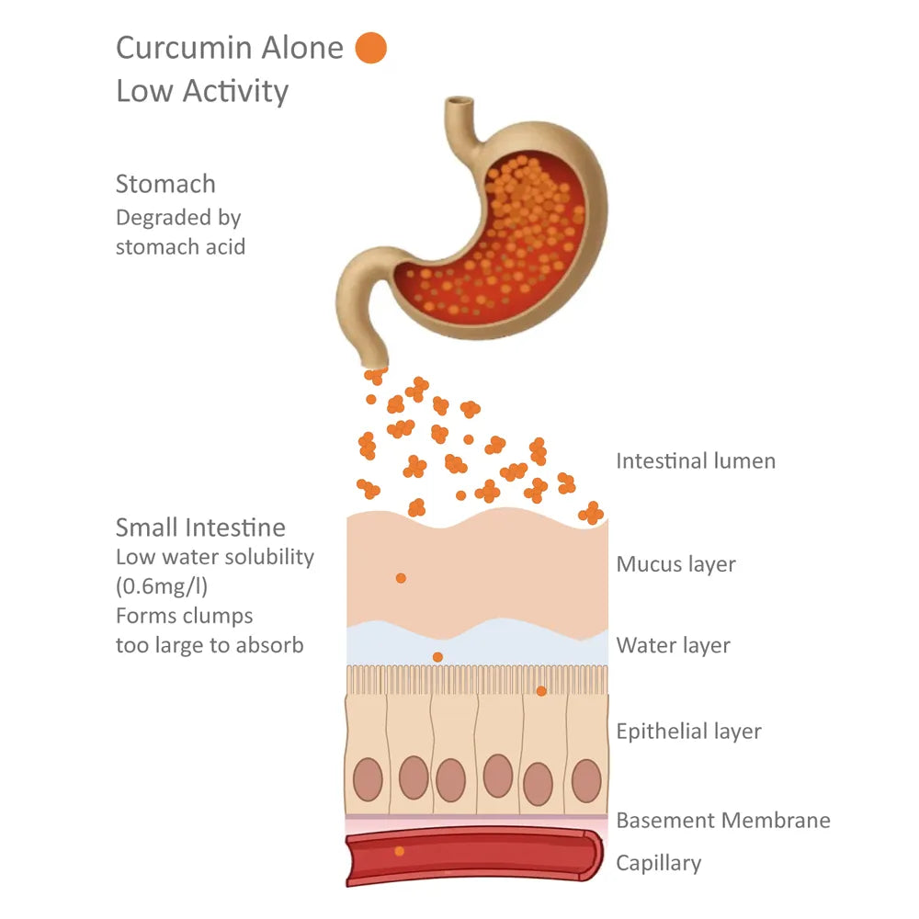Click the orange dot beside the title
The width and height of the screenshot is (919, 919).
point(371,48)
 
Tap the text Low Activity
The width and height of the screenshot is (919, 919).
point(202,91)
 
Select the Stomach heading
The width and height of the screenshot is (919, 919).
point(165,184)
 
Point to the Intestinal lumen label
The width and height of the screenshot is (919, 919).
point(696,460)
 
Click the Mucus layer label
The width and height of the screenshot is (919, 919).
point(675,563)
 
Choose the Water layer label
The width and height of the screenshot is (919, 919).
point(673,645)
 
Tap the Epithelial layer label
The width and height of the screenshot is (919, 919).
point(688,732)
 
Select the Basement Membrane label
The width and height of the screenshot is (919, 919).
point(723,820)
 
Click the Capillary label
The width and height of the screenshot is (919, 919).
point(658,863)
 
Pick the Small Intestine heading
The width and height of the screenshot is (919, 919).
point(200,528)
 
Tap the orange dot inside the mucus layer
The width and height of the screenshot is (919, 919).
point(401,578)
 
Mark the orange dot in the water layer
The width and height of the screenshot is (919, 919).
point(437,656)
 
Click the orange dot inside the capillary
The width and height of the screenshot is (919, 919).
point(399,851)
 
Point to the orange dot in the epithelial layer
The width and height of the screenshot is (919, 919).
point(541,691)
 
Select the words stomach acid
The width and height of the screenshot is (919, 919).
point(180,247)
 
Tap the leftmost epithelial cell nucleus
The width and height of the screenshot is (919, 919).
point(369,779)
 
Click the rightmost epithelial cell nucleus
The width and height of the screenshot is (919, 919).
point(585,780)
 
